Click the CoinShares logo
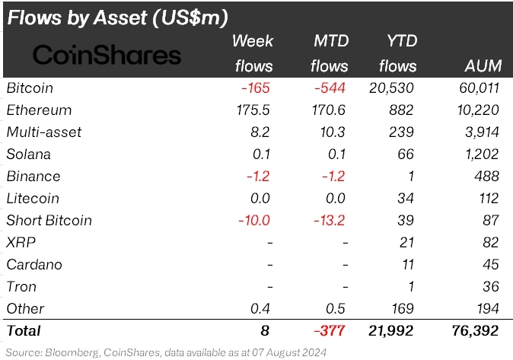coord(107,55)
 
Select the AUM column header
coord(480,66)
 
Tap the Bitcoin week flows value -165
coord(255,88)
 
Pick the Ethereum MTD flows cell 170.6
coord(329,110)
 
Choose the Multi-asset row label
coord(43,132)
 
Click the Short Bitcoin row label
coord(49,221)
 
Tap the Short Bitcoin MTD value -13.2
coord(330,221)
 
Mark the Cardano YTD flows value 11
coord(409,265)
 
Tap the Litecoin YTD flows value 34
coord(407,199)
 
